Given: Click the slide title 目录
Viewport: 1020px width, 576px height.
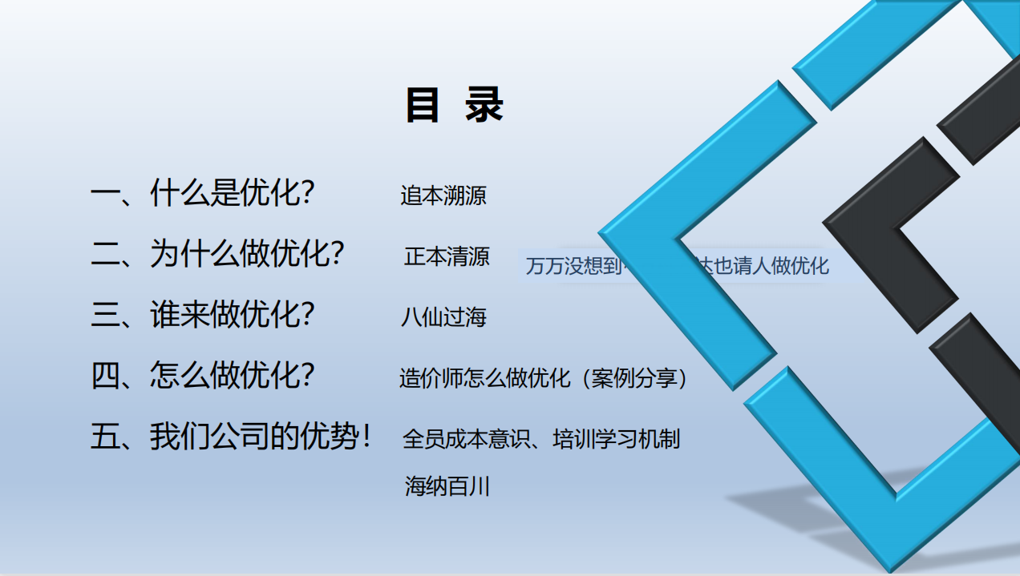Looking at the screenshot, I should pos(454,106).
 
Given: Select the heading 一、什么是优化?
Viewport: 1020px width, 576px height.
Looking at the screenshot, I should pos(202,194).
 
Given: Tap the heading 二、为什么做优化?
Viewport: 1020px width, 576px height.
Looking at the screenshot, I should pos(217,254).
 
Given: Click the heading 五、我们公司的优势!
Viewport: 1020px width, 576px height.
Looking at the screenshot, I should pos(231,437).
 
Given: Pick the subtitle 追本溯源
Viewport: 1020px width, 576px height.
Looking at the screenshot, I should pos(443,195).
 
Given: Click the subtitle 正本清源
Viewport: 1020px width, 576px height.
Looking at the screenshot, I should pos(447,256).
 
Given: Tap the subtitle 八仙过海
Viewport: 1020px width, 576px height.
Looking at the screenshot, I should pos(443,317).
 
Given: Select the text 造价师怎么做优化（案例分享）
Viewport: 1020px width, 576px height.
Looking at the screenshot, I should pos(544,378).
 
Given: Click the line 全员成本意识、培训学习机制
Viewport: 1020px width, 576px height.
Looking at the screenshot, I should pos(541,439).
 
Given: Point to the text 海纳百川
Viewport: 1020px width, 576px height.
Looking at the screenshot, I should pos(447,485).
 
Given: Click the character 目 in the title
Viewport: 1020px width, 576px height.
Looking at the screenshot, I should pos(423,106).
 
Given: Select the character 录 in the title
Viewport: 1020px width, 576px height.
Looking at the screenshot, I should pos(484,106).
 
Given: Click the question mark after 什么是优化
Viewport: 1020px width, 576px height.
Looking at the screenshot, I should pos(306,194).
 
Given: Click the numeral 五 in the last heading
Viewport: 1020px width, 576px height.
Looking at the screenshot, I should pos(105,437).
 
